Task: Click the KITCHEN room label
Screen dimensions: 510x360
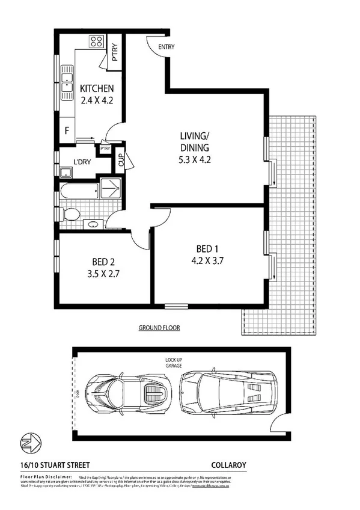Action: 97,90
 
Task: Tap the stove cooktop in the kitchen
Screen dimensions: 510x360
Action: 96,42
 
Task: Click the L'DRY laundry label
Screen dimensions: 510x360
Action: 81,161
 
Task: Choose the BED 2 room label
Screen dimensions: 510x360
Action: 103,262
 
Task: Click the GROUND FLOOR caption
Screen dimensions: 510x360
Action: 159,328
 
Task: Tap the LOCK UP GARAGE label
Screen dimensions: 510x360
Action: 174,363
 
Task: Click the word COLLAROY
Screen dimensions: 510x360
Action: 228,464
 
